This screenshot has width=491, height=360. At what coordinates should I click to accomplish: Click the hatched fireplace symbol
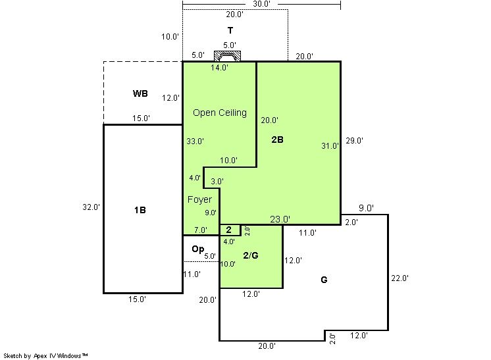[x=227, y=56]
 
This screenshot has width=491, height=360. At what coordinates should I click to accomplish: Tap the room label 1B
[x=140, y=210]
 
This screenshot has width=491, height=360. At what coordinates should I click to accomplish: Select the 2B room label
[x=278, y=140]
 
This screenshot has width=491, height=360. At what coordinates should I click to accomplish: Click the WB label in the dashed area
[x=140, y=93]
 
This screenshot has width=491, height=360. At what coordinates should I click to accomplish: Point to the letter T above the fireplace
[x=230, y=30]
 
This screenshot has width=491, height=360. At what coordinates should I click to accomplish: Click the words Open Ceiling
[x=220, y=113]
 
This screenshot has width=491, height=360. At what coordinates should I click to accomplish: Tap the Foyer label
[x=199, y=199]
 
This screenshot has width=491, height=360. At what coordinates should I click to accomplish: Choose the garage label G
[x=324, y=280]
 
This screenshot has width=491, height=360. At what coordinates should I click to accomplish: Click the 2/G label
[x=251, y=255]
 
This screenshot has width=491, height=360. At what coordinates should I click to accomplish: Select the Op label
[x=198, y=249]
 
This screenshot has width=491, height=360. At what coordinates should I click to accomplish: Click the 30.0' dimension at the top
[x=261, y=4]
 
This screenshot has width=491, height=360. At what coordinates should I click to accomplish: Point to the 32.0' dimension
[x=91, y=207]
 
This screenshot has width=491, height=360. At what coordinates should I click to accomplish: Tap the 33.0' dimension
[x=195, y=141]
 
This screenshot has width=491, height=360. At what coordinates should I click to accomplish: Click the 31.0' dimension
[x=330, y=145]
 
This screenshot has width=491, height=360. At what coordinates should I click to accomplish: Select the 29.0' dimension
[x=355, y=141]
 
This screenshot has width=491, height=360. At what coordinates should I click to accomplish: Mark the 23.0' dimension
[x=280, y=219]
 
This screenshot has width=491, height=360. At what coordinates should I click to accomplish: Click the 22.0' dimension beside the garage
[x=400, y=278]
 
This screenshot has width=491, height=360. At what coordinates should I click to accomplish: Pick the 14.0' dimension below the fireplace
[x=219, y=67]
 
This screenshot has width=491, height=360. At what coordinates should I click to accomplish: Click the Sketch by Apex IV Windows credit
[x=45, y=355]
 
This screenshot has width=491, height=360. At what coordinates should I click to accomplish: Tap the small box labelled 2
[x=230, y=230]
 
